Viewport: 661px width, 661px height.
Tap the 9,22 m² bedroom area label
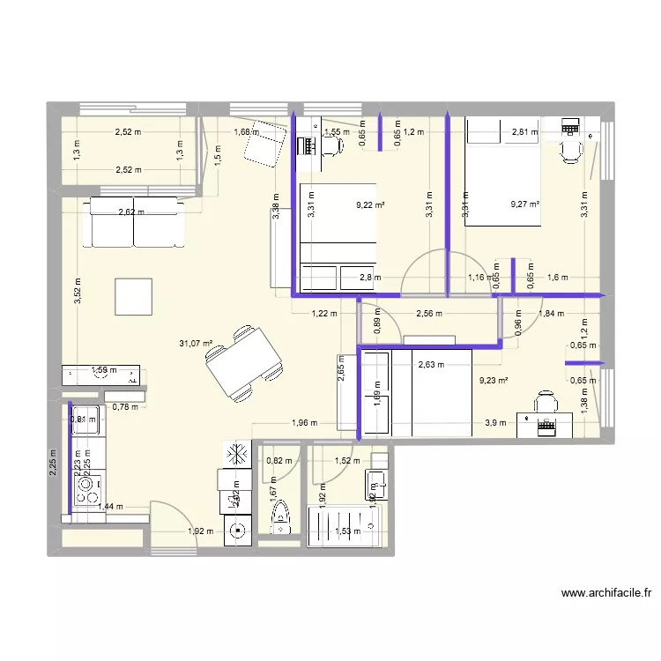tap(370, 204)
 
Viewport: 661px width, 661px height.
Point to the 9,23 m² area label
tap(493, 382)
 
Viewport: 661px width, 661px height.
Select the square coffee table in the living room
tap(133, 296)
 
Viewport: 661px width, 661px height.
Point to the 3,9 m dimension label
tap(495, 423)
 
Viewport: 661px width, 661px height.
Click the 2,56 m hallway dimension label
tap(428, 313)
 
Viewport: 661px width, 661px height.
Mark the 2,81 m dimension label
tap(524, 133)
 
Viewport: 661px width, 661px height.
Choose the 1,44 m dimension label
tap(113, 507)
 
